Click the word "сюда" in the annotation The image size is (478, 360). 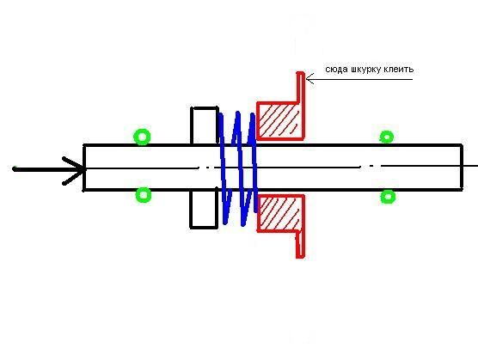pyautogui.click(x=336, y=70)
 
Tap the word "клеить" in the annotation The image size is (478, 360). pyautogui.click(x=399, y=69)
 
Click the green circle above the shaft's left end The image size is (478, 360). pyautogui.click(x=142, y=137)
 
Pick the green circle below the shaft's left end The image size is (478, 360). pyautogui.click(x=144, y=195)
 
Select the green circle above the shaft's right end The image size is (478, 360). pyautogui.click(x=387, y=137)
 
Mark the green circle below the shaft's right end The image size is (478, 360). pyautogui.click(x=388, y=197)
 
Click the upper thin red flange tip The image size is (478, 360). pyautogui.click(x=301, y=73)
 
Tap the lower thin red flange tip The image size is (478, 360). pyautogui.click(x=301, y=257)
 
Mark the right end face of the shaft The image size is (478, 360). pyautogui.click(x=462, y=168)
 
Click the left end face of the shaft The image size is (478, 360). pyautogui.click(x=84, y=168)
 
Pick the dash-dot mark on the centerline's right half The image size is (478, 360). pyautogui.click(x=371, y=167)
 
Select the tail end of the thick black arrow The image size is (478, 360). pyautogui.click(x=14, y=168)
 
